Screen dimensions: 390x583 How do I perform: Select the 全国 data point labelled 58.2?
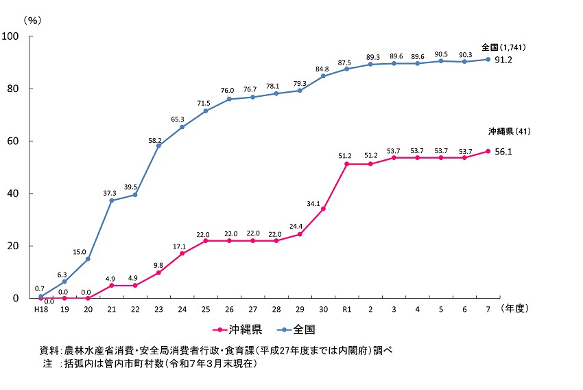(x=158, y=146)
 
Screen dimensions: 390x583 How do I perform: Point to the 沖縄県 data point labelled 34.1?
(x=323, y=209)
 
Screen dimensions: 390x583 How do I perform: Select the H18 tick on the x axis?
(x=40, y=310)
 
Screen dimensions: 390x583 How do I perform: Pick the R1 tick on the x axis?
(x=346, y=310)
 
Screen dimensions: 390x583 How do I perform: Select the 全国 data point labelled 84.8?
(x=323, y=76)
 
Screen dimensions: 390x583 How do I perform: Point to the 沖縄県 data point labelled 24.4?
(x=300, y=234)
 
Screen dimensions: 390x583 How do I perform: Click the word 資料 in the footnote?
(x=49, y=350)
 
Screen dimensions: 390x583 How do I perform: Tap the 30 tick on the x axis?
(x=323, y=310)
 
